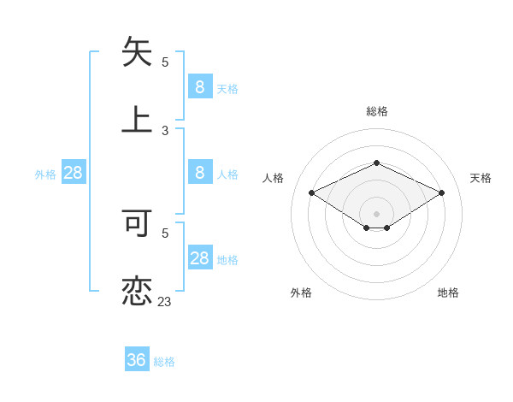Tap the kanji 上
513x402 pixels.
coord(137,120)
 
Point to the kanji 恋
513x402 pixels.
coord(137,291)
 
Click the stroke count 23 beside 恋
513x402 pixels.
coord(164,301)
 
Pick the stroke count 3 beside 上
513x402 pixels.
coord(165,130)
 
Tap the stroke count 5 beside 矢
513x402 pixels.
coord(165,62)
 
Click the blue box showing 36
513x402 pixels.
coord(137,360)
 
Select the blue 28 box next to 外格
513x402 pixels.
coord(74,173)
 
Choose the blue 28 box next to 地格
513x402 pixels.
coord(200,258)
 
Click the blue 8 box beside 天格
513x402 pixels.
coord(200,86)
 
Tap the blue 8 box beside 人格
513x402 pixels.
coord(200,173)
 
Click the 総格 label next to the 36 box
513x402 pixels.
coord(164,362)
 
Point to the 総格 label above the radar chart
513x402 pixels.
coord(376,111)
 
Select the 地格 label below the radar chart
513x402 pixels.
coord(448,293)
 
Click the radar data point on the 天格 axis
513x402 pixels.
coord(441,193)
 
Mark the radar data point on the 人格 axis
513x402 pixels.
coord(312,193)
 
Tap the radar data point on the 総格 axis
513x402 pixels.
coord(376,163)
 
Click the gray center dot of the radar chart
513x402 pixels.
coord(376,214)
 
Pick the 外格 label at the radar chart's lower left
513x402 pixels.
coord(301,293)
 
